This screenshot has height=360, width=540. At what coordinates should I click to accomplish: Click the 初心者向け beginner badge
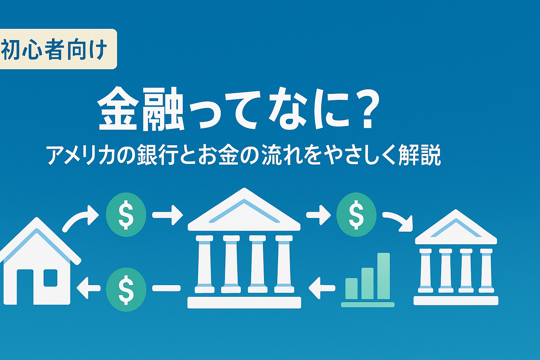point(58,49)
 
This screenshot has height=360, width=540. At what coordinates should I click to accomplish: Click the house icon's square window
point(51,278)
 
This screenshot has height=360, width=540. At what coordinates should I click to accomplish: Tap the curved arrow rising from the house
point(80,219)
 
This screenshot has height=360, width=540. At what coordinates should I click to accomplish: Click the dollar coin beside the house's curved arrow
point(126,214)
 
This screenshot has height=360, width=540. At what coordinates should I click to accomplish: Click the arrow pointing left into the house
point(88,288)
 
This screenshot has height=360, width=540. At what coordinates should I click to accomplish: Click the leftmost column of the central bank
point(204,264)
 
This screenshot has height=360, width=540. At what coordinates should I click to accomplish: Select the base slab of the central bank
point(244,302)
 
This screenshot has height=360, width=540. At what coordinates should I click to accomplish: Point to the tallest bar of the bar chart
point(384,276)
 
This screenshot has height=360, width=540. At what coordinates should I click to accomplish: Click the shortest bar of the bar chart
point(352,288)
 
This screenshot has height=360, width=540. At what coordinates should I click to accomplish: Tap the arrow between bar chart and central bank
point(322,288)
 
